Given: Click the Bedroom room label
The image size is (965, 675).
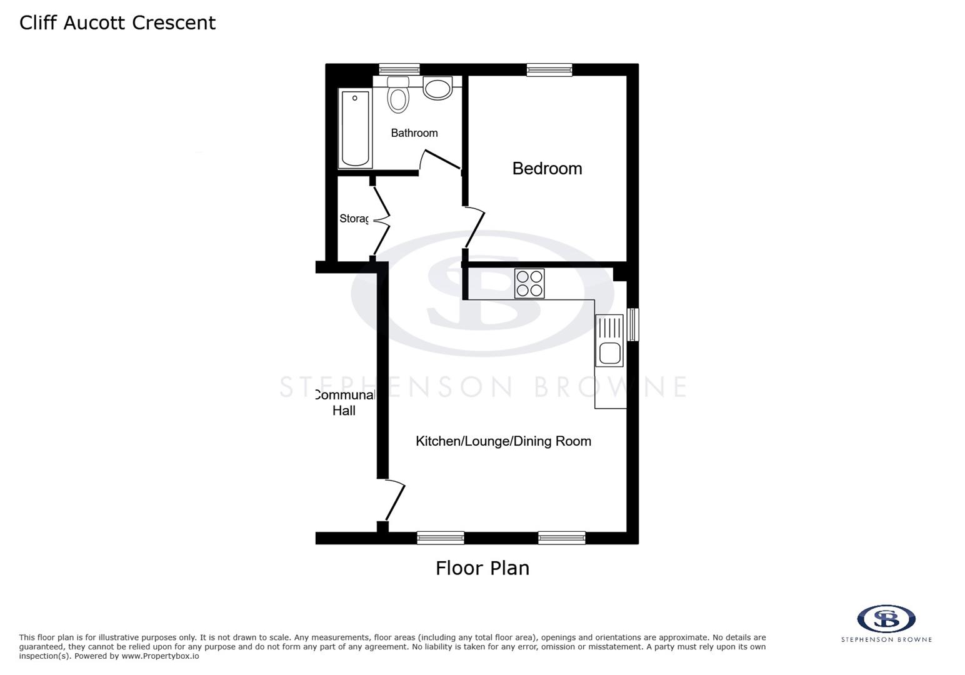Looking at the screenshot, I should tap(547, 169).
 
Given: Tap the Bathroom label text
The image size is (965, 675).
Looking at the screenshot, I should tap(414, 133).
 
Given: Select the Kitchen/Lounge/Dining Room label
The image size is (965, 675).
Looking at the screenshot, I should tap(503, 441).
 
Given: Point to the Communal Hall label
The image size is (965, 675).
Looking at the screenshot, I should tap(344, 402).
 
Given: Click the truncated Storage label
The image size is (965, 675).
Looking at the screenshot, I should tap(354, 219).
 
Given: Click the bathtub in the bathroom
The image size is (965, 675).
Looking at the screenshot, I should tap(355, 128).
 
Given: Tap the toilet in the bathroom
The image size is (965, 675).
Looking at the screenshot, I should tap(398, 95).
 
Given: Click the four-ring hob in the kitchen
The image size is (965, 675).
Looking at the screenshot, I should tap(529, 283).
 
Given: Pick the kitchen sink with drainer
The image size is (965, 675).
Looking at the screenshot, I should tap(609, 341).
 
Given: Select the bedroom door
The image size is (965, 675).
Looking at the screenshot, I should tap(474, 229).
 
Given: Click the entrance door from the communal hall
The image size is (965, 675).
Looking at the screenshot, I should tap(394, 500).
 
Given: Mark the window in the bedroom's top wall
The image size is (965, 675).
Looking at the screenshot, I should tap(549, 69).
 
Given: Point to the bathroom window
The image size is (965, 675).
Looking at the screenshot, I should tap(399, 69).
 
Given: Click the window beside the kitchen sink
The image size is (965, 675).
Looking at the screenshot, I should tap(632, 324).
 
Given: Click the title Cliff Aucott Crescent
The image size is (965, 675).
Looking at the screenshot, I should tap(117, 22).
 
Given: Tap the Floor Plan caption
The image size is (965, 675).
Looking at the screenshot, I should tap(482, 568).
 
